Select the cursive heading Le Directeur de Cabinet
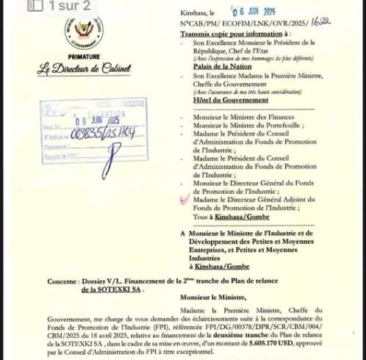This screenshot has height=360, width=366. [84, 71]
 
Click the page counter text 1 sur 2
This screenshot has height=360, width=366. [71, 6]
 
